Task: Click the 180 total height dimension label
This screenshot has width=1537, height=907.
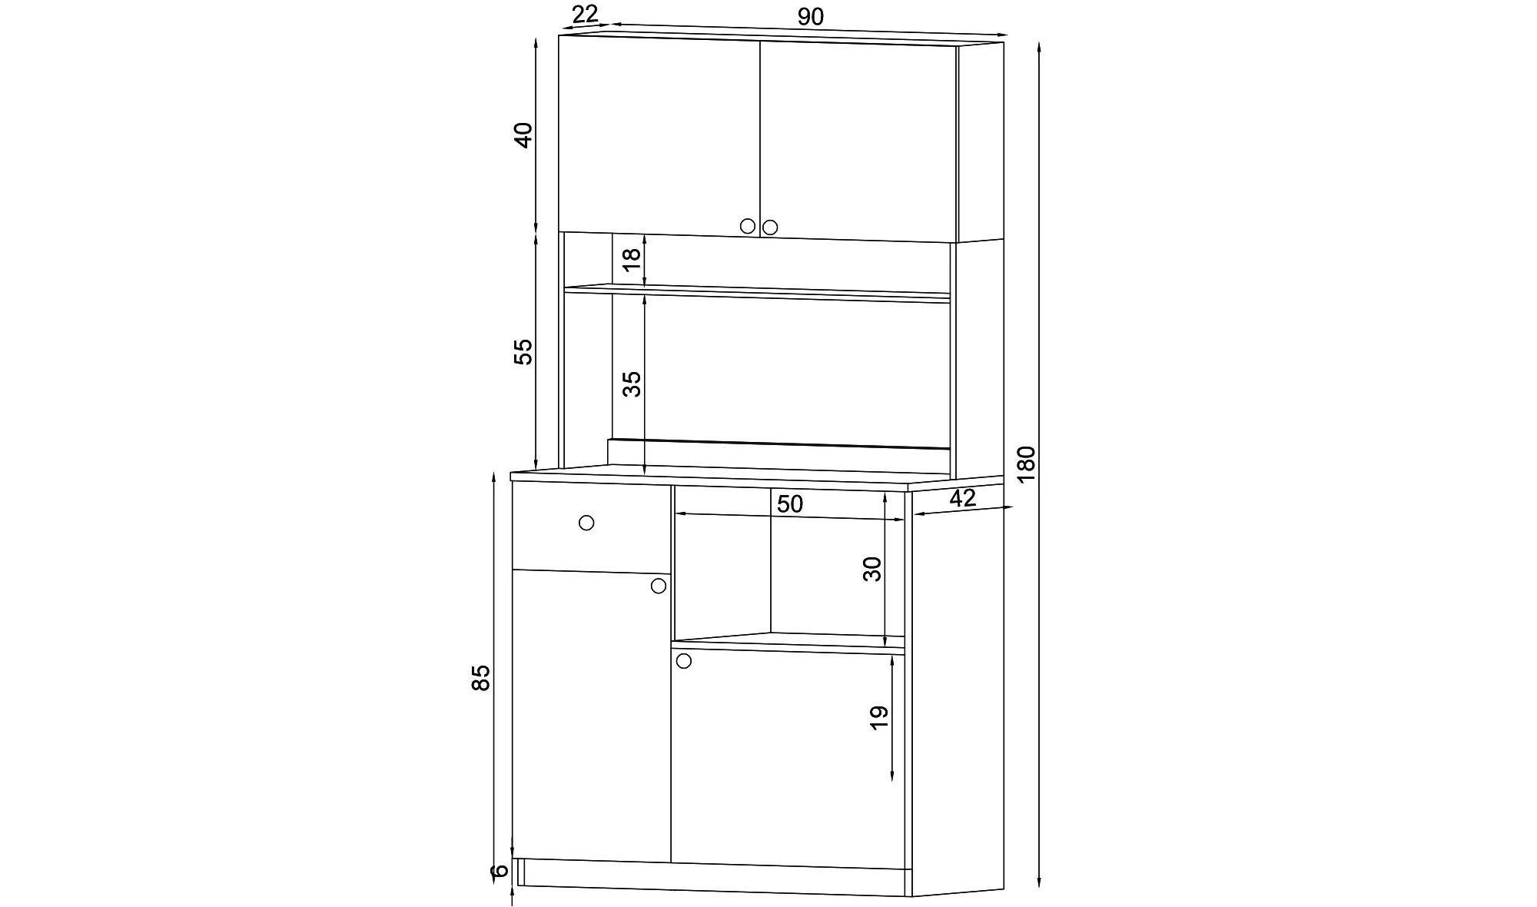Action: pyautogui.click(x=1026, y=463)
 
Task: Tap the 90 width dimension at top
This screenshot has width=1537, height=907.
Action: pyautogui.click(x=810, y=16)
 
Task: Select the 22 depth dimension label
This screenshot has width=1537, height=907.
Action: pyautogui.click(x=585, y=13)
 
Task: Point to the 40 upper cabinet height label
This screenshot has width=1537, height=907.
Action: pyautogui.click(x=523, y=135)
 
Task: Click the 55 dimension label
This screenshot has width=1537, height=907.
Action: pyautogui.click(x=523, y=352)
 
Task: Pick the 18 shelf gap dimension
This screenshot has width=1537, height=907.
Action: pyautogui.click(x=631, y=259)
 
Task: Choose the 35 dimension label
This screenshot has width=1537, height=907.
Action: pyautogui.click(x=631, y=384)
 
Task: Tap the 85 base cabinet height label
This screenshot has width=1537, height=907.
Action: pyautogui.click(x=480, y=677)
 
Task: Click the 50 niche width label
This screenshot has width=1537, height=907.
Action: pyautogui.click(x=789, y=504)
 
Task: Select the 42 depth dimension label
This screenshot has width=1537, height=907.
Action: pyautogui.click(x=962, y=498)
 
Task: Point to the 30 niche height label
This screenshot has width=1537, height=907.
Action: pyautogui.click(x=872, y=569)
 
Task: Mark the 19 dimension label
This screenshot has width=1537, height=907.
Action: pyautogui.click(x=879, y=717)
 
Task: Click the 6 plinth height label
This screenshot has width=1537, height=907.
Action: pyautogui.click(x=500, y=870)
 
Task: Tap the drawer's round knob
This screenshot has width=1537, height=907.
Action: pyautogui.click(x=586, y=523)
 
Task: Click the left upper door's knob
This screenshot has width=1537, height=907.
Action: pyautogui.click(x=748, y=226)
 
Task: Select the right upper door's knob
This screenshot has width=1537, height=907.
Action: pyautogui.click(x=770, y=228)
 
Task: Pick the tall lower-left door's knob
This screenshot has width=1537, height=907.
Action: pyautogui.click(x=659, y=586)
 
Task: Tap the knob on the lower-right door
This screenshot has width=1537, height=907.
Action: pyautogui.click(x=683, y=661)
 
